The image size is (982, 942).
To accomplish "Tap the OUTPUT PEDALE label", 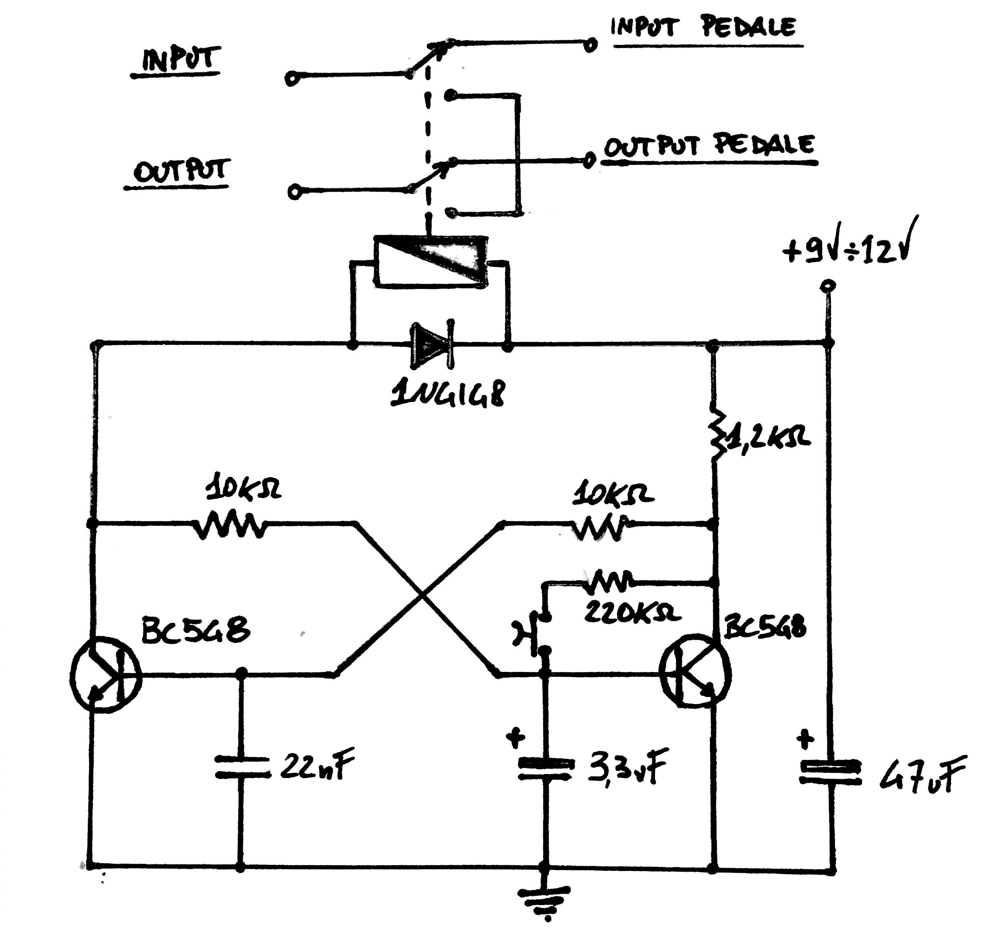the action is pyautogui.click(x=709, y=145).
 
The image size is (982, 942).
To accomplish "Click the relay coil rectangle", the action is pyautogui.click(x=431, y=261).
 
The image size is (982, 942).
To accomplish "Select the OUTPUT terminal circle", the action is pyautogui.click(x=296, y=192).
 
